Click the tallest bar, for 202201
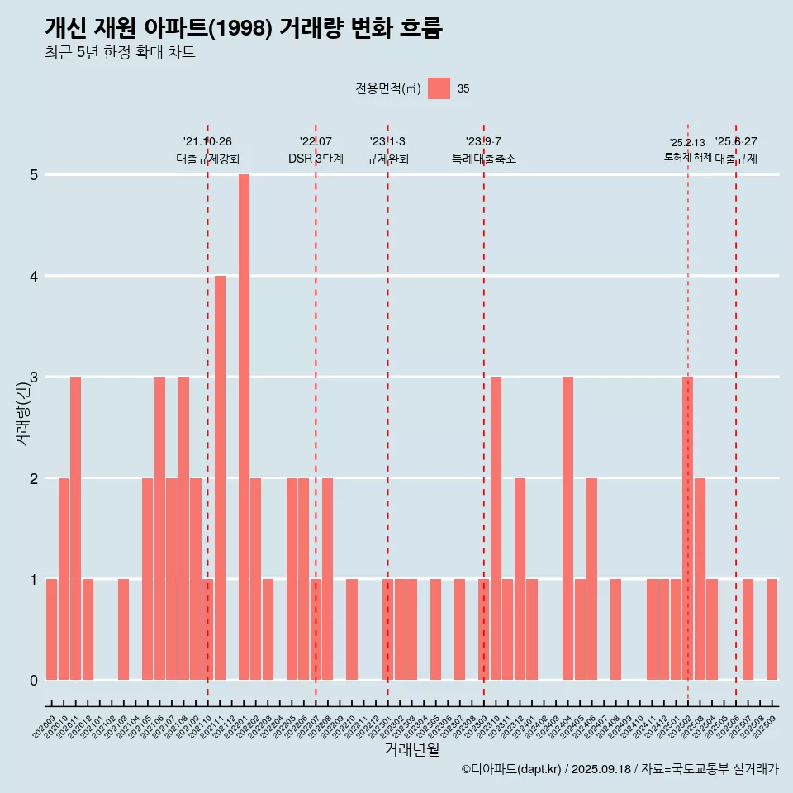point(244,427)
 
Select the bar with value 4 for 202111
point(220,477)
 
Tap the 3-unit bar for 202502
point(687,529)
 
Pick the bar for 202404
point(567,529)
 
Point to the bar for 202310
point(496,529)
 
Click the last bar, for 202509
point(772,629)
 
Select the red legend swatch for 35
point(439,88)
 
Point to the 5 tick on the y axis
point(34,175)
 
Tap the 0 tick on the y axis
point(34,681)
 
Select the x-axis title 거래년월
point(411,749)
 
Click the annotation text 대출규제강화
point(207,159)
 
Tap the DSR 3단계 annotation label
point(316,159)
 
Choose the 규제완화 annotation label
point(387,159)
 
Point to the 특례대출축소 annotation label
point(483,159)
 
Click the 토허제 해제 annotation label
point(687,157)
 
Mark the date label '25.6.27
point(736,141)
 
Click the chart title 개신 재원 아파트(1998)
point(244,29)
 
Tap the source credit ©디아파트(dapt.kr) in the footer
point(513,769)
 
